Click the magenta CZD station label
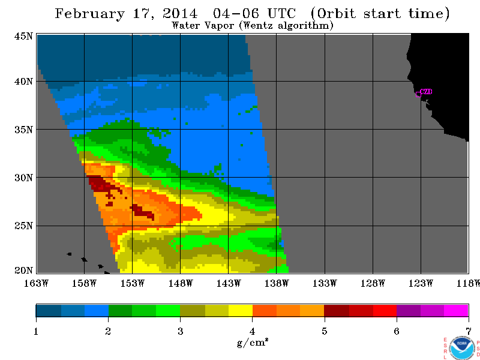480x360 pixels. tap(426, 92)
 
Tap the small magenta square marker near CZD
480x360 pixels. tap(418, 94)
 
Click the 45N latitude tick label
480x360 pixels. tap(23, 37)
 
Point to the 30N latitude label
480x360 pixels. tap(23, 178)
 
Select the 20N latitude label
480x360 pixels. tap(23, 271)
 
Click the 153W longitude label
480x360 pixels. tap(132, 283)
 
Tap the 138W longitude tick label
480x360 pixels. tap(277, 283)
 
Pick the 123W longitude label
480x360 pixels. tap(421, 283)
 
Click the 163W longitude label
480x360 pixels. tap(36, 283)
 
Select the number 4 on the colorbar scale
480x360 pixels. tap(252, 331)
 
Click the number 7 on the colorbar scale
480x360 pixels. tap(469, 331)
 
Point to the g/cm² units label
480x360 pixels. tap(253, 342)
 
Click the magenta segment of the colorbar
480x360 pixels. tap(456, 310)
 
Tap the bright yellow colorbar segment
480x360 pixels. tap(241, 310)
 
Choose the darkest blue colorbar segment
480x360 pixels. tap(49, 310)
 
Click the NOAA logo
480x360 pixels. tap(462, 348)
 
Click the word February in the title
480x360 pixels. tap(89, 14)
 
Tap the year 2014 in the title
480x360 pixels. tap(179, 13)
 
